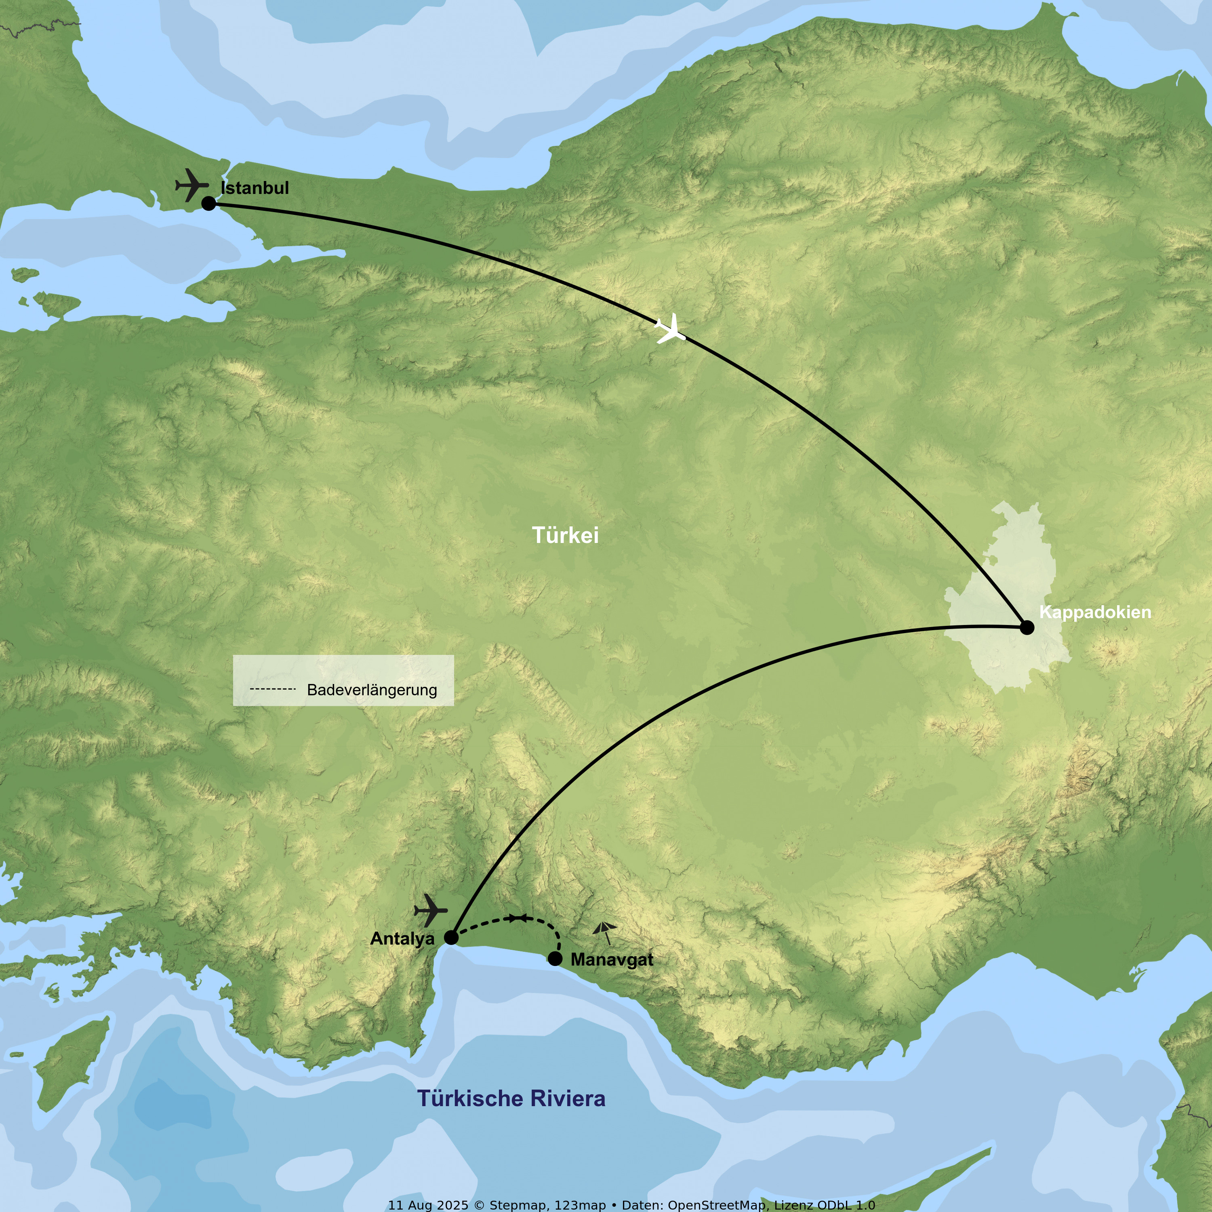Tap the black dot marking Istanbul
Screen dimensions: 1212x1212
[209, 203]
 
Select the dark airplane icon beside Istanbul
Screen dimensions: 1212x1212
[192, 185]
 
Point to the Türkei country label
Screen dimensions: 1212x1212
[565, 535]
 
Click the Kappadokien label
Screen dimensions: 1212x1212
[1095, 612]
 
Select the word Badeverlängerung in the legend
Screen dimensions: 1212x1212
[372, 690]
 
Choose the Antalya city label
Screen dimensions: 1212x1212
[402, 938]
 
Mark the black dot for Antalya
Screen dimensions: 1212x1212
[451, 938]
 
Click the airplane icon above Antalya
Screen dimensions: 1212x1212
[431, 910]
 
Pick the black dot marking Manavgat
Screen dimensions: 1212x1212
[555, 959]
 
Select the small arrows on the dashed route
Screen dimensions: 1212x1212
[518, 918]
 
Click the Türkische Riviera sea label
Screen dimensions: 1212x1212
[511, 1098]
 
